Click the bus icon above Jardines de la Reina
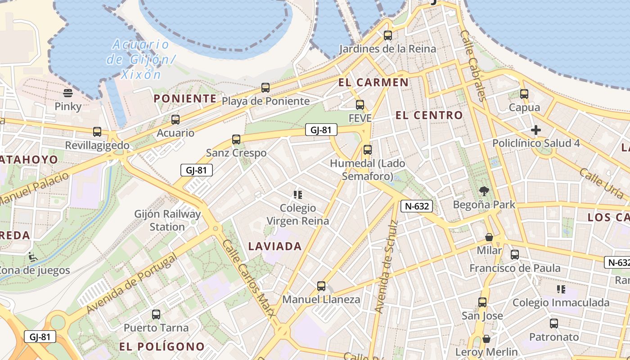pyautogui.click(x=387, y=35)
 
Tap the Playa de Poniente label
pyautogui.click(x=265, y=101)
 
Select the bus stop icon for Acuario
pyautogui.click(x=175, y=120)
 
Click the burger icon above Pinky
pyautogui.click(x=68, y=93)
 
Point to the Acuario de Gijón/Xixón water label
pyautogui.click(x=140, y=59)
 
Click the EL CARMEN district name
pyautogui.click(x=373, y=82)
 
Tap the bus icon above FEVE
pyautogui.click(x=360, y=105)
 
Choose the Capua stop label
pyautogui.click(x=524, y=108)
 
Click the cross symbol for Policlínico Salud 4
pyautogui.click(x=535, y=130)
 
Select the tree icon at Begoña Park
pyautogui.click(x=484, y=191)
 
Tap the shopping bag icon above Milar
pyautogui.click(x=489, y=237)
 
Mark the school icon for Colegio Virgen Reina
pyautogui.click(x=297, y=195)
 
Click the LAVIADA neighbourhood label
pyautogui.click(x=275, y=246)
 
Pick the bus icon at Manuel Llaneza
pyautogui.click(x=321, y=286)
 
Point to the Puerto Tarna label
pyautogui.click(x=156, y=328)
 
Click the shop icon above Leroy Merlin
pyautogui.click(x=486, y=338)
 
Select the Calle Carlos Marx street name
pyautogui.click(x=248, y=279)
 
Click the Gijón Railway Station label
pyautogui.click(x=167, y=220)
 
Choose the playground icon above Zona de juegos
pyautogui.click(x=32, y=257)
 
